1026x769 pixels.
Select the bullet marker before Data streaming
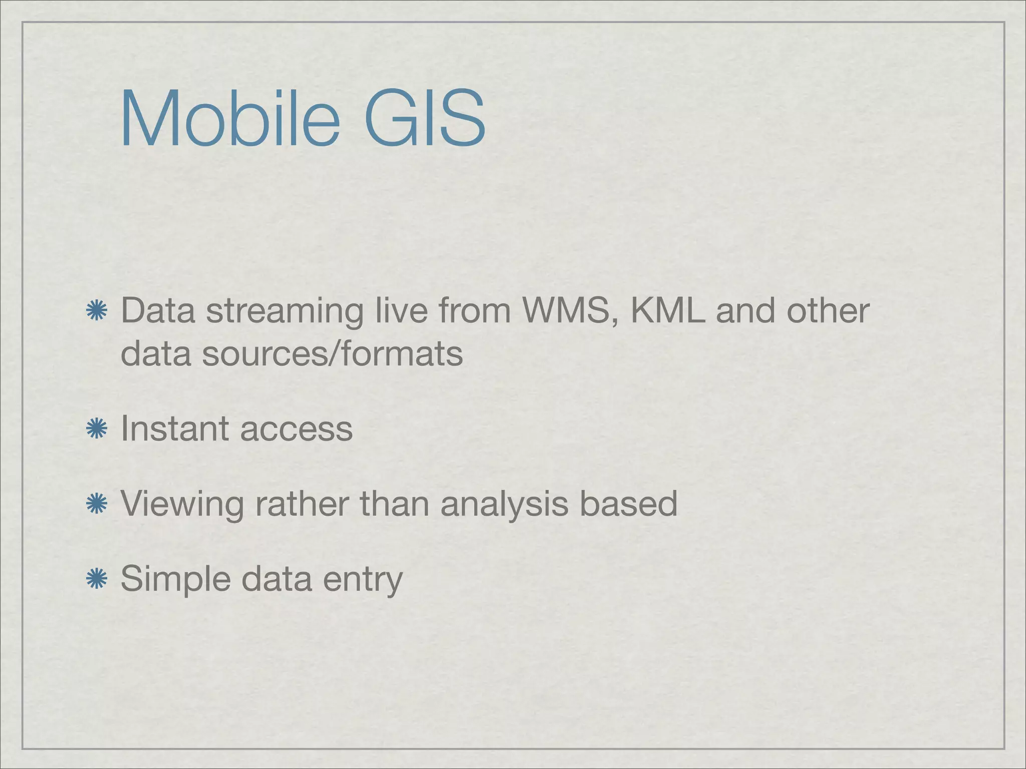tap(96, 311)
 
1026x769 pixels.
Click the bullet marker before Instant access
tap(96, 429)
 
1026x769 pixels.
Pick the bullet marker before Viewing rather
tap(96, 504)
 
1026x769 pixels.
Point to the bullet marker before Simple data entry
tap(96, 579)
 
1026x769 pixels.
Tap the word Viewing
tap(182, 505)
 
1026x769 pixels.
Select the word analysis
tap(504, 505)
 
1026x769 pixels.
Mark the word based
tap(628, 504)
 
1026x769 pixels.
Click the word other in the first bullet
tap(828, 311)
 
